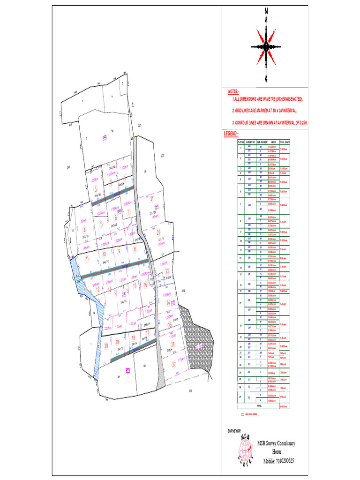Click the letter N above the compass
click(x=266, y=11)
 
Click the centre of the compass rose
click(x=266, y=46)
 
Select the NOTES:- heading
click(x=233, y=91)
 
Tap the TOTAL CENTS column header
click(x=285, y=142)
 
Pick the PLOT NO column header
click(x=240, y=142)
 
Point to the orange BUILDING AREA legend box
click(x=242, y=414)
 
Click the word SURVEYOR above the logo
click(x=234, y=430)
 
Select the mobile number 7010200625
click(x=279, y=460)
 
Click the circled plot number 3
click(x=95, y=189)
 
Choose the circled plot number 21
click(x=152, y=199)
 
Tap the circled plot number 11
click(x=87, y=257)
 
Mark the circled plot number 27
click(x=174, y=364)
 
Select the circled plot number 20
click(x=106, y=345)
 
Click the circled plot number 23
click(x=167, y=271)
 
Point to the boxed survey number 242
click(x=105, y=137)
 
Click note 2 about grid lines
click(x=264, y=111)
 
